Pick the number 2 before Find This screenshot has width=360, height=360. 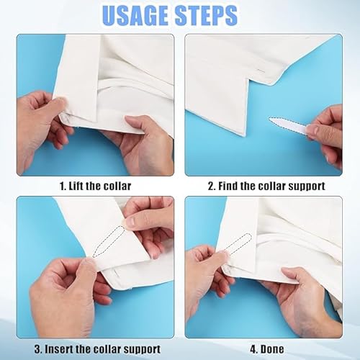click(212, 186)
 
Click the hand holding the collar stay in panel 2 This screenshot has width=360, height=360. click(325, 132)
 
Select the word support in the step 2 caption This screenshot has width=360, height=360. click(301, 186)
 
